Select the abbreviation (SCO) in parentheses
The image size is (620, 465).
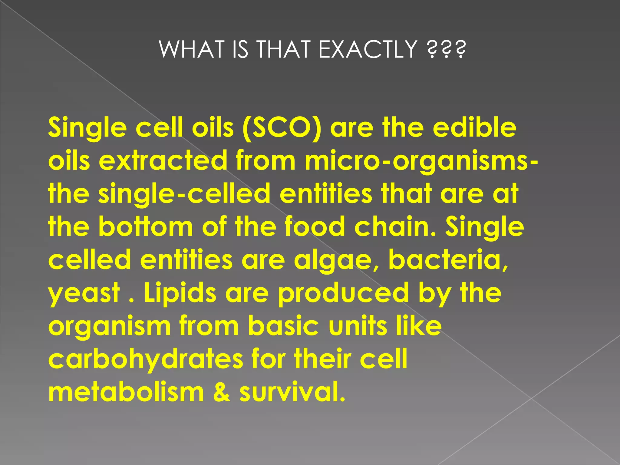click(282, 127)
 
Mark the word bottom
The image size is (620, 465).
click(145, 227)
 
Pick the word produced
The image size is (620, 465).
click(344, 294)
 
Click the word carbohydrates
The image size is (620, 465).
click(146, 359)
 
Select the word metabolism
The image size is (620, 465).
click(126, 392)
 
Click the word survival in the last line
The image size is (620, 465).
click(292, 392)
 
